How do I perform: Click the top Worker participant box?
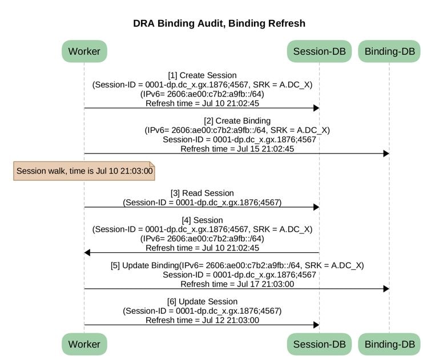[x=84, y=51]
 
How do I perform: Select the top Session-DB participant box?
[x=319, y=51]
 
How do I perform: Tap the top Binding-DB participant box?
[x=389, y=51]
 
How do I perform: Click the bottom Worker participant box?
[x=84, y=344]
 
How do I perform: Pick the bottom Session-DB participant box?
[x=319, y=344]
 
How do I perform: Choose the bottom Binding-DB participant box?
[x=389, y=344]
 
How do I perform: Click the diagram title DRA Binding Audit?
[x=178, y=23]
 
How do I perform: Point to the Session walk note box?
[x=84, y=171]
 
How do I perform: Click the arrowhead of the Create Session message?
[x=316, y=108]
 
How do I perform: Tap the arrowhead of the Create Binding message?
[x=386, y=153]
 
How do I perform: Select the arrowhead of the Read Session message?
[x=316, y=207]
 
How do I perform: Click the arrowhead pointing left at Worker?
[x=87, y=253]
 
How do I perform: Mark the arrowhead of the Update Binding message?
[x=386, y=289]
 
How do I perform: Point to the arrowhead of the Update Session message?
[x=316, y=325]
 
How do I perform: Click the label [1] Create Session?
[x=202, y=75]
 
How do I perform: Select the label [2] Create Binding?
[x=237, y=121]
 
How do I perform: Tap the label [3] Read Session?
[x=202, y=193]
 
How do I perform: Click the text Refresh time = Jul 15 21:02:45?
[x=237, y=149]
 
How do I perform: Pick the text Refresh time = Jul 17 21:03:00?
[x=237, y=284]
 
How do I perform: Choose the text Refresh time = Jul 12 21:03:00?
[x=202, y=320]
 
